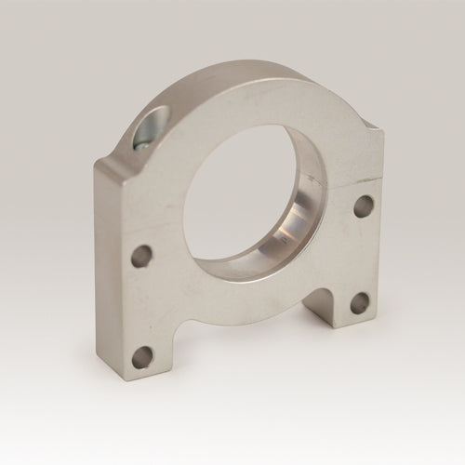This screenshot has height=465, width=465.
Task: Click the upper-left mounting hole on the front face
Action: pos(140,255)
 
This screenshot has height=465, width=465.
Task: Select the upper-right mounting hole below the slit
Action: pos(364,206)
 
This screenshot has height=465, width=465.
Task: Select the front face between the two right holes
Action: pos(362,253)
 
